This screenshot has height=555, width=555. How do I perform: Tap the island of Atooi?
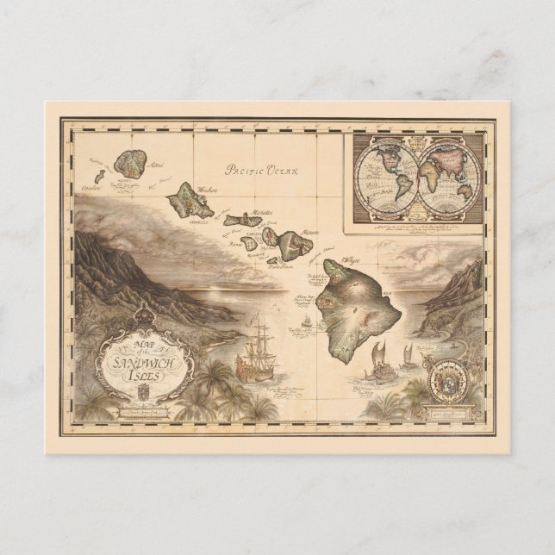click(x=133, y=162)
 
